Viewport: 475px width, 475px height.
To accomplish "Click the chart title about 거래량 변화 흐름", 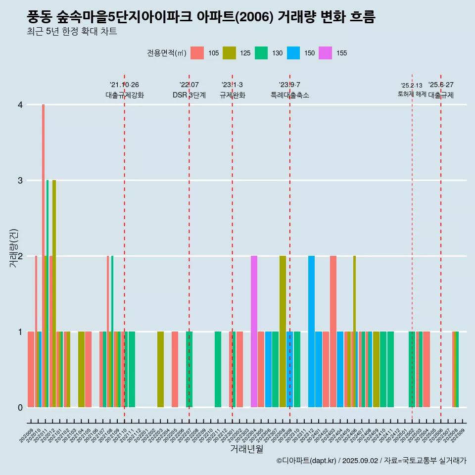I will tap(201, 17).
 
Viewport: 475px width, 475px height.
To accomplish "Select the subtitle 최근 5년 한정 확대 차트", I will tap(72, 32).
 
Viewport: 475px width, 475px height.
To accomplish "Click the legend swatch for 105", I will tap(197, 53).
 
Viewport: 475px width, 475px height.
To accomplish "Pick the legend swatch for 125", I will tap(229, 53).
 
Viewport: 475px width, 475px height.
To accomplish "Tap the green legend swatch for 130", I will tap(261, 53).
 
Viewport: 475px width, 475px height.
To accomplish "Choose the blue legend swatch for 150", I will tap(293, 53).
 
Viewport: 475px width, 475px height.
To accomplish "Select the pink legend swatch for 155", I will tap(326, 53).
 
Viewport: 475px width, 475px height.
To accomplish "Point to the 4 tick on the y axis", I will tap(20, 105).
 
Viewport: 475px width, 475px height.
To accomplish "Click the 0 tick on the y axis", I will tap(20, 408).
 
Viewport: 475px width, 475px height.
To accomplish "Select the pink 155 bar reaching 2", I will tap(254, 332).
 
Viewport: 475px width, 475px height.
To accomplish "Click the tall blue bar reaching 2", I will tap(311, 332).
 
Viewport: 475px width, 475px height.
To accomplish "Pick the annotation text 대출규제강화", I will tap(125, 95).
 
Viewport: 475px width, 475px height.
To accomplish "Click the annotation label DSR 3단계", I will tap(189, 95).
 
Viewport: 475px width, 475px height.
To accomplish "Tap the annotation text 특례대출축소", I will tap(290, 95).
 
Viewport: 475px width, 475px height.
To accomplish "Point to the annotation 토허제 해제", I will tap(412, 94).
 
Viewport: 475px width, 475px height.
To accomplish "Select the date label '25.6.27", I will tap(441, 85).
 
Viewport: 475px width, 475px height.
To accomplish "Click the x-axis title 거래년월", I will tap(246, 449).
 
